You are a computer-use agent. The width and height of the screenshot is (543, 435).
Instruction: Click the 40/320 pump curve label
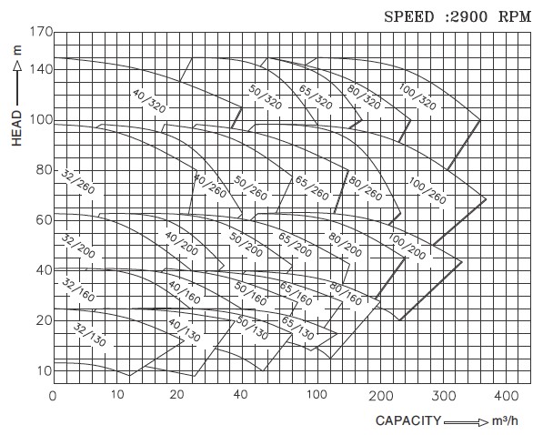click(x=149, y=101)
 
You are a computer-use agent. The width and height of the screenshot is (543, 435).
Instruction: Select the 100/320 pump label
click(x=417, y=96)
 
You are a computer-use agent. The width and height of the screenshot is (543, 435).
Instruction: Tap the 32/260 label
click(x=78, y=182)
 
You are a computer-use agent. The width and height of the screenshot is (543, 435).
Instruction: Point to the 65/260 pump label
click(x=312, y=188)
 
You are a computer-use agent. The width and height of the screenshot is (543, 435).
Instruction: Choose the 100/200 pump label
click(x=407, y=247)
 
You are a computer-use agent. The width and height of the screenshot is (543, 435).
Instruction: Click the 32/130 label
click(x=90, y=335)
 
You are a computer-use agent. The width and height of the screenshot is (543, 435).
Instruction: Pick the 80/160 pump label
click(x=346, y=294)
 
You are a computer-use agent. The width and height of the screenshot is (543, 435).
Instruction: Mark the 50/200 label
click(x=246, y=245)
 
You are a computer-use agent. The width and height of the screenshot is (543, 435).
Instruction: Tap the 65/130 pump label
click(x=297, y=328)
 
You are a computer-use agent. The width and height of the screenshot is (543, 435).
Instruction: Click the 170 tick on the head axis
click(x=41, y=32)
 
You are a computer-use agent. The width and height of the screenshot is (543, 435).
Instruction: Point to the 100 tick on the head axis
click(x=41, y=120)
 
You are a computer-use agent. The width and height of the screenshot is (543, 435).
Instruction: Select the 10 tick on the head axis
click(x=45, y=371)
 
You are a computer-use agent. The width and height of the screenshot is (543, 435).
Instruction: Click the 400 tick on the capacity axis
click(x=506, y=396)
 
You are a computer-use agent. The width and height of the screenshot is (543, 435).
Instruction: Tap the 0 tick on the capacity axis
click(x=53, y=396)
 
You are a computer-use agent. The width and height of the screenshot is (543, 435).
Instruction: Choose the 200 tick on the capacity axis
click(x=381, y=396)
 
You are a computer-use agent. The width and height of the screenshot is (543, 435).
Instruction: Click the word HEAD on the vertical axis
click(x=16, y=128)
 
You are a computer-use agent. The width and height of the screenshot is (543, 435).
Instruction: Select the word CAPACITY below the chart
click(x=407, y=420)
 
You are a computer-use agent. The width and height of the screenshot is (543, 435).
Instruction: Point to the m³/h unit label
click(x=505, y=420)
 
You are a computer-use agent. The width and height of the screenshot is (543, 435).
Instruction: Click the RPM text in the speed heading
click(x=515, y=16)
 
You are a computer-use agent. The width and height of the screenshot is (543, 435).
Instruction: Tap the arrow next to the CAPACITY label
click(x=466, y=422)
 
